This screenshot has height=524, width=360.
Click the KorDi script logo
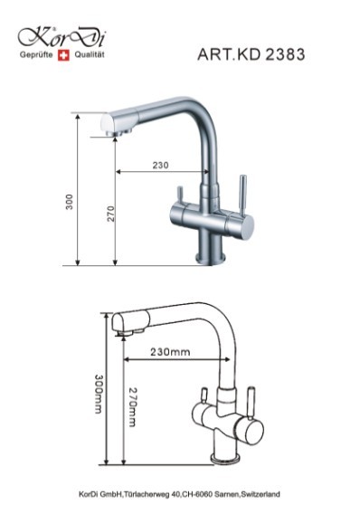pyautogui.click(x=62, y=37)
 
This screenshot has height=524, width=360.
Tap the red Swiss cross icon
pyautogui.click(x=63, y=55)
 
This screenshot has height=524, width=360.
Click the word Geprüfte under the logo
pyautogui.click(x=36, y=55)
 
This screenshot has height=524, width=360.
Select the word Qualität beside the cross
pyautogui.click(x=90, y=54)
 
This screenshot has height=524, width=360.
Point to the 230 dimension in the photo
pyautogui.click(x=161, y=165)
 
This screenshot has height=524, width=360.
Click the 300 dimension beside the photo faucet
pyautogui.click(x=69, y=202)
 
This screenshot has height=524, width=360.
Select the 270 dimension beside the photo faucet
pyautogui.click(x=111, y=214)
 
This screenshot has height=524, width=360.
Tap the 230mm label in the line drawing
pyautogui.click(x=170, y=352)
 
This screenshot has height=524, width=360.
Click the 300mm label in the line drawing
pyautogui.click(x=99, y=394)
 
